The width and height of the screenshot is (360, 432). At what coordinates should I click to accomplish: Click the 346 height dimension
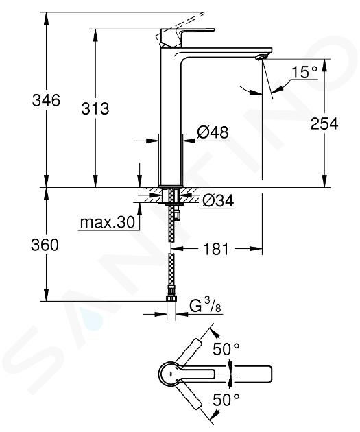tap(46, 100)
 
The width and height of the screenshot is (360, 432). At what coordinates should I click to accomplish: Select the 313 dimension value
tap(95, 108)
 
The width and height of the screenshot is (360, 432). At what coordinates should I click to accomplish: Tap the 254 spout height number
tap(324, 123)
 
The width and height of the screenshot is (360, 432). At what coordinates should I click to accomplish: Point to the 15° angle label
tap(304, 72)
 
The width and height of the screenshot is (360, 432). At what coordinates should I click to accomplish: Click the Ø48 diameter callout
tap(213, 132)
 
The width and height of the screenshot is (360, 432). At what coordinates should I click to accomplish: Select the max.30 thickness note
tap(108, 222)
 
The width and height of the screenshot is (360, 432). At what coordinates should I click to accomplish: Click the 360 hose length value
tap(45, 245)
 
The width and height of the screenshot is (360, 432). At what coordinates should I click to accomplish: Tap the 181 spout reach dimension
tap(216, 249)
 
